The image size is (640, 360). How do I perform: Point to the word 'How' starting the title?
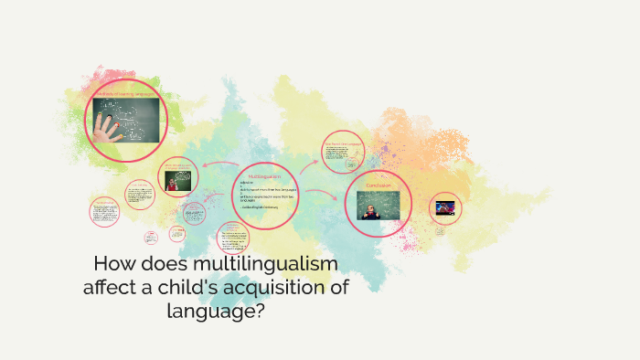(x=113, y=266)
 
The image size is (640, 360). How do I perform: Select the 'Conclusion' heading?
(x=379, y=185)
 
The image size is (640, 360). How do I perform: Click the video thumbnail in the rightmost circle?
(x=445, y=206)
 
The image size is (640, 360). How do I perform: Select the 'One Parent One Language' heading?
(x=343, y=143)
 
